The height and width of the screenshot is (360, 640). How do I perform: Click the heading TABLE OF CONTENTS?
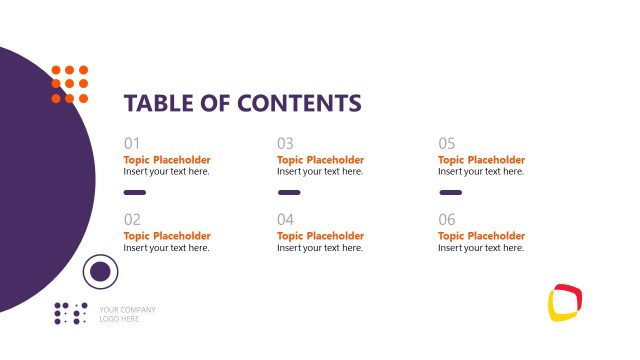tap(242, 103)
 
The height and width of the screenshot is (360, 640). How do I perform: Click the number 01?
tap(133, 143)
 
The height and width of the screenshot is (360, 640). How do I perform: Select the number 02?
tap(133, 219)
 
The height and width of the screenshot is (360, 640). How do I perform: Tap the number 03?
tap(286, 143)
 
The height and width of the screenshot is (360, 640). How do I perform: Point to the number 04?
tap(286, 219)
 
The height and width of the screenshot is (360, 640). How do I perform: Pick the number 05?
tap(447, 143)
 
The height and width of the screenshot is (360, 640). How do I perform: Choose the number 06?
tap(447, 219)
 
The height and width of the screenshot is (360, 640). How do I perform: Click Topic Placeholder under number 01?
tap(167, 160)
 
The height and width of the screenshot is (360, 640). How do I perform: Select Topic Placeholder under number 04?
tap(320, 236)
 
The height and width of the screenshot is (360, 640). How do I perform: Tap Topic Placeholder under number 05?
tap(481, 160)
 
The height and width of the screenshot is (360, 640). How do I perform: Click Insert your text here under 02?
tap(166, 248)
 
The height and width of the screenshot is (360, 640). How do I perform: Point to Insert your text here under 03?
tap(319, 172)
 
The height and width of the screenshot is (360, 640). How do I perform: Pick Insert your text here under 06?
tap(480, 248)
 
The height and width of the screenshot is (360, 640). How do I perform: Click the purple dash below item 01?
tap(135, 192)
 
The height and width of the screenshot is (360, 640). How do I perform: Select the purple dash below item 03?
tap(289, 192)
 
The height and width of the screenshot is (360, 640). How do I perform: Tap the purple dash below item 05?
tap(450, 192)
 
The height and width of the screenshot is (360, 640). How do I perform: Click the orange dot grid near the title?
tap(70, 84)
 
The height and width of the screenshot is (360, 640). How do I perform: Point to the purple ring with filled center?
tap(100, 271)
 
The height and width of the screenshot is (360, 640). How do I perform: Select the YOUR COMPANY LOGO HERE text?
tap(127, 314)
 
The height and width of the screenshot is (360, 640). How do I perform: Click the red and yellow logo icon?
tap(565, 302)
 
